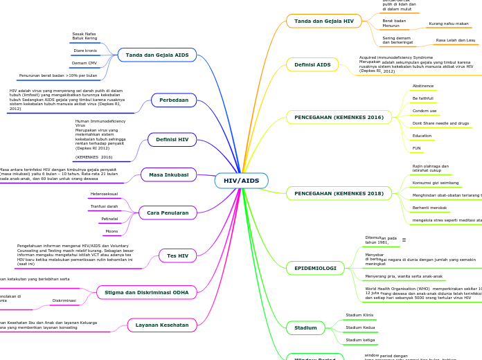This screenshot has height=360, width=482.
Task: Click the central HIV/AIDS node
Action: tap(241, 181)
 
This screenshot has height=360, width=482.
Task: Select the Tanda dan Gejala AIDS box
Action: tap(157, 55)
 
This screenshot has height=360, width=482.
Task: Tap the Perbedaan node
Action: tap(174, 100)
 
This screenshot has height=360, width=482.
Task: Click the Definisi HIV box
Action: tap(172, 140)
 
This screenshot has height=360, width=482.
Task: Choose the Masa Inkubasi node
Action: tap(168, 175)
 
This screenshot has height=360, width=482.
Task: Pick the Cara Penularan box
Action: tap(168, 213)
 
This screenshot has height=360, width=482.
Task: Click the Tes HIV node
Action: tap(177, 256)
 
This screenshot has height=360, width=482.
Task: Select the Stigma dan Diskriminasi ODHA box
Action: tap(146, 293)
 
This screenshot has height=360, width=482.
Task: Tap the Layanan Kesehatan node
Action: tap(161, 325)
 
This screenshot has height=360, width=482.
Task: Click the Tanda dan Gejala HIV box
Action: tap(323, 21)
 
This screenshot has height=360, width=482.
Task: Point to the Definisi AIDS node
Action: tap(312, 64)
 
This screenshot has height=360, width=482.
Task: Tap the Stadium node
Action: tap(305, 327)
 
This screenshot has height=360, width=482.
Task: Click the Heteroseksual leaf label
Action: tap(105, 194)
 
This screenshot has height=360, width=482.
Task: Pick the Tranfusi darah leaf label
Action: tap(105, 206)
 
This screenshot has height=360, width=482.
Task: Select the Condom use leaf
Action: tap(425, 111)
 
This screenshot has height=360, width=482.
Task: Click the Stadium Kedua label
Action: tap(360, 327)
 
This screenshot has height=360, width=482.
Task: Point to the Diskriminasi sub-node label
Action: tap(64, 300)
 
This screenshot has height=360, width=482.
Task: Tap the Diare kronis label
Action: tap(85, 51)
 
